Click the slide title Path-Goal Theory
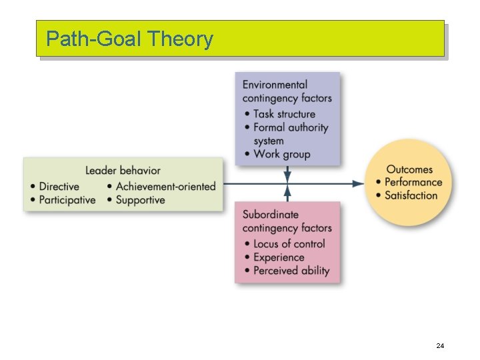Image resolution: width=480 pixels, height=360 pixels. [x=129, y=39]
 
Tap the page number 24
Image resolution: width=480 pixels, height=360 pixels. [x=440, y=345]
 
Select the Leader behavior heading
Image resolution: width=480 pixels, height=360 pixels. [x=123, y=171]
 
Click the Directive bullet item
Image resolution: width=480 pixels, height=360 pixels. [x=59, y=187]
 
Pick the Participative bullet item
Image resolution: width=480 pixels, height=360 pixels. [x=67, y=200]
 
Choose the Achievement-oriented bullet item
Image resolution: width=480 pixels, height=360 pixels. [x=165, y=187]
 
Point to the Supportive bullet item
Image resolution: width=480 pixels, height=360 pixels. [x=140, y=200]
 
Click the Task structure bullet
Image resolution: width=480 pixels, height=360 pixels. [x=284, y=114]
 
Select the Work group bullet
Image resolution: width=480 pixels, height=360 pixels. [x=281, y=154]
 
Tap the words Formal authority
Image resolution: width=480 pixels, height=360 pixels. [x=291, y=127]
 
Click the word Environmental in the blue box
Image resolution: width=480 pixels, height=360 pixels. [x=275, y=85]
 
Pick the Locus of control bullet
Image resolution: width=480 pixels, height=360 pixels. [x=289, y=244]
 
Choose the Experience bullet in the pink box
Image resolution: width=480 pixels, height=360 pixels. [x=279, y=257]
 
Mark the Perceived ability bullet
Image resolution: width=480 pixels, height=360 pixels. [x=291, y=271]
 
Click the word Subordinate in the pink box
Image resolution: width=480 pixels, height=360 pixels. [x=271, y=215]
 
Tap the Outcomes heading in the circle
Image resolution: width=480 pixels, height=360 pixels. [x=409, y=169]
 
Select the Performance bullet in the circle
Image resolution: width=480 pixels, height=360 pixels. [x=413, y=182]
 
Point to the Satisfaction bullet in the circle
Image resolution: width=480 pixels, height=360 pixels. [x=411, y=195]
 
